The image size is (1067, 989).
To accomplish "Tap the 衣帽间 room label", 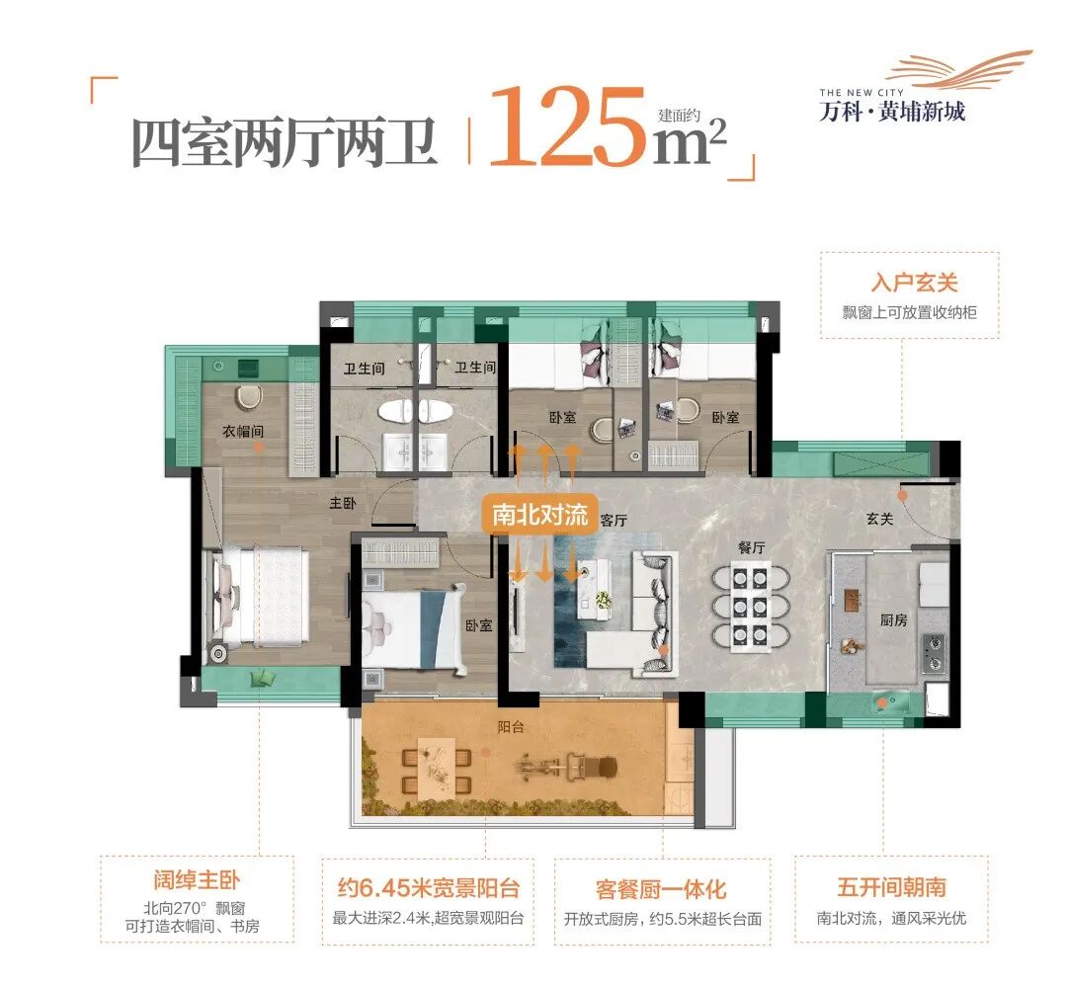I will click(243, 432).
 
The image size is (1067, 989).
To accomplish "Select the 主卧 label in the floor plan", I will click(342, 503).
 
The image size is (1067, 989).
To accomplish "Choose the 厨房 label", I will click(893, 619).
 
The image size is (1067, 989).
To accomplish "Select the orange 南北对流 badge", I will click(540, 515).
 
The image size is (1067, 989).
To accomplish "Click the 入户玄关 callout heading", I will click(908, 284).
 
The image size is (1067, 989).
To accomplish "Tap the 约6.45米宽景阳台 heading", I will click(428, 887).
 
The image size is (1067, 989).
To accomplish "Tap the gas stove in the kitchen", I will click(936, 649).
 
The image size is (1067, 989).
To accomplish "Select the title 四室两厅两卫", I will click(285, 143).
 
